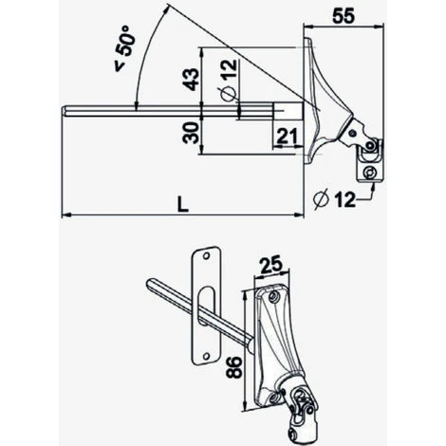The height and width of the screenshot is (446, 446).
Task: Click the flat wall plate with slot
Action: point(207,309)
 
